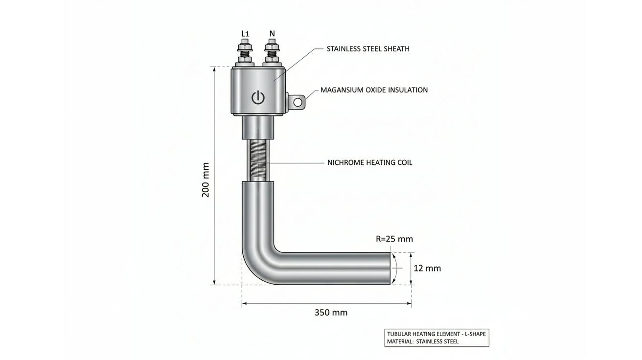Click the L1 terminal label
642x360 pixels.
tap(245, 34)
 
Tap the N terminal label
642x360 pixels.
tap(272, 34)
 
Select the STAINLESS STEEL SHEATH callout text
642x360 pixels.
tap(368, 49)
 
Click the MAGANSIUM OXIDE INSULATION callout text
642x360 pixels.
tap(374, 90)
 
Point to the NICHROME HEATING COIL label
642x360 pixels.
tap(370, 162)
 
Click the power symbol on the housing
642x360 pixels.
tap(258, 97)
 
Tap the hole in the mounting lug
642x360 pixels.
tap(298, 102)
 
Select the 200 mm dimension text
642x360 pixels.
tap(206, 180)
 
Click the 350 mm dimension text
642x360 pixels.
tap(331, 313)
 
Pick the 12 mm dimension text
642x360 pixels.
tap(427, 269)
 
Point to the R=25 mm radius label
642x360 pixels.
tap(394, 239)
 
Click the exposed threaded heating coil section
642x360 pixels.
tap(258, 160)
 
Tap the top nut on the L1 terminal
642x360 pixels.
tap(245, 46)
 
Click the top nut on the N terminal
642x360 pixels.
tap(271, 46)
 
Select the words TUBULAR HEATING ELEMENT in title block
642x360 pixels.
tap(420, 334)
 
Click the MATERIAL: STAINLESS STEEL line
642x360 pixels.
tap(423, 341)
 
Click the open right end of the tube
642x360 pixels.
tap(390, 269)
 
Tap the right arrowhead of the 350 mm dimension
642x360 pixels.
tap(409, 303)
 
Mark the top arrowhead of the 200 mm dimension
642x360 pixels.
tap(214, 69)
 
